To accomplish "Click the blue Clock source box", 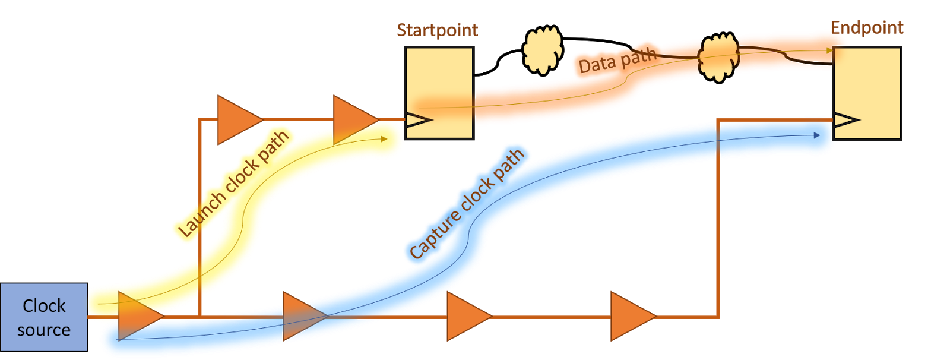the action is pos(44,317).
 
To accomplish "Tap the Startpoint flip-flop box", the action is pos(439,93).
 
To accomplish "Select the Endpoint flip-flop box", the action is pos(867,93).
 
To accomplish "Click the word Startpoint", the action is pos(437,30).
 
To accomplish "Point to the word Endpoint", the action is pos(867,28).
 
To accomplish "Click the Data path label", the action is pos(617,60).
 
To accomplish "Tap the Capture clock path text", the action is pos(467,204).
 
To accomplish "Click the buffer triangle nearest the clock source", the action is pos(141,316).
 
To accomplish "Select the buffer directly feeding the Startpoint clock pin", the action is pos(356,120).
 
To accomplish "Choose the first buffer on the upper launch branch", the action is pos(240,120).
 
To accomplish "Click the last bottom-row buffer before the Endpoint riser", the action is pos(633,316).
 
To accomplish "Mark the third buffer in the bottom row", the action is pos(470,316).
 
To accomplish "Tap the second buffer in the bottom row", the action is pos(305,316).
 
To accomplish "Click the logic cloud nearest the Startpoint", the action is pos(543,50).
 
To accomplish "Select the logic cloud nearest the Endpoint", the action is pos(719,57).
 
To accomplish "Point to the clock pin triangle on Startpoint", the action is pos(419,120).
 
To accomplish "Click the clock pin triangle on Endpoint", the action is pos(846,120).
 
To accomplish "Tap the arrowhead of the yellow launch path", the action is pos(384,139).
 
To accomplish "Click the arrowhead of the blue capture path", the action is pos(817,135).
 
